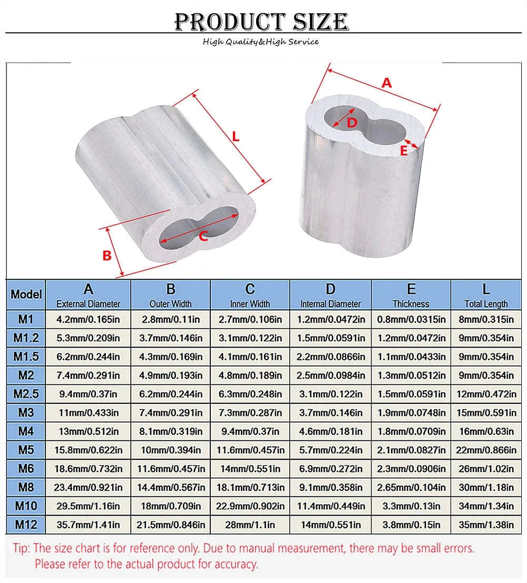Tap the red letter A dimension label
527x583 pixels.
(x=387, y=83)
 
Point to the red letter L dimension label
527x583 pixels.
(x=236, y=136)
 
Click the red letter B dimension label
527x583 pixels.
(x=106, y=255)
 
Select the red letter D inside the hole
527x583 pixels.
(x=353, y=122)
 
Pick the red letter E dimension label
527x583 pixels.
(x=404, y=151)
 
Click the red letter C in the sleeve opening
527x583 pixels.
(x=203, y=236)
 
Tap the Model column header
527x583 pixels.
(x=26, y=294)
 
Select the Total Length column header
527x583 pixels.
(x=485, y=303)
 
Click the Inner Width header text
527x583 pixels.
(x=250, y=303)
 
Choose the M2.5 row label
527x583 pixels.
(x=26, y=394)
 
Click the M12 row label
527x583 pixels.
(x=26, y=525)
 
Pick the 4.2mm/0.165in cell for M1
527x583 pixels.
(x=88, y=319)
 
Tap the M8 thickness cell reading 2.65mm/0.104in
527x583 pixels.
(x=411, y=488)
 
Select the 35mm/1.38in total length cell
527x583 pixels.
(x=486, y=525)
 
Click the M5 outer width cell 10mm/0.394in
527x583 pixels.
(x=171, y=450)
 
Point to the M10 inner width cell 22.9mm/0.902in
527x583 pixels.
(x=250, y=506)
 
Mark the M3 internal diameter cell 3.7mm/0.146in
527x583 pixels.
(x=330, y=413)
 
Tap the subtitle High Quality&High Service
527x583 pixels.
(x=261, y=42)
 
